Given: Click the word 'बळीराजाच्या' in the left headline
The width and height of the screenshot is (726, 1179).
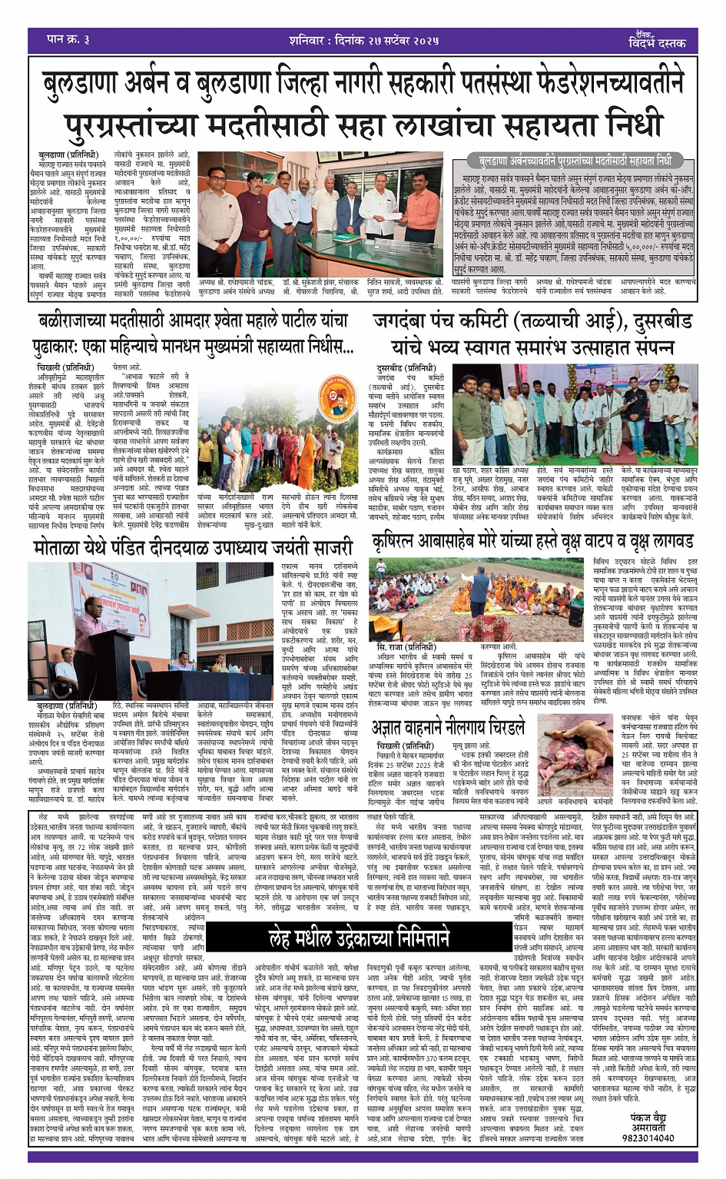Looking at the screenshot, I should point(85,322).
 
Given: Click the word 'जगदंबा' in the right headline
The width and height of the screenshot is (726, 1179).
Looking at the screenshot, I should point(406,322).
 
